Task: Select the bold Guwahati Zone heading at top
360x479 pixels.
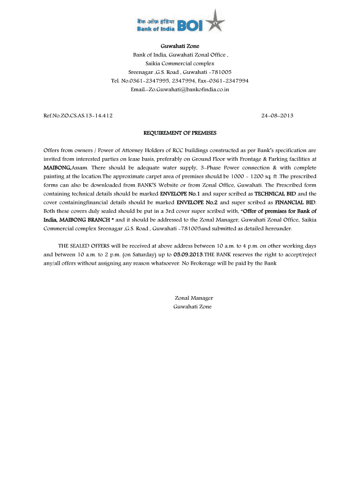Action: [180, 46]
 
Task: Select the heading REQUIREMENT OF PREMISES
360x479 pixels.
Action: [180, 133]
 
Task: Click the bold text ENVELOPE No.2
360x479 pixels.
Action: [197, 202]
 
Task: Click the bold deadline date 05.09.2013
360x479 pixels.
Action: [188, 255]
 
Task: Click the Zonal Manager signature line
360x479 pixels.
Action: [194, 298]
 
